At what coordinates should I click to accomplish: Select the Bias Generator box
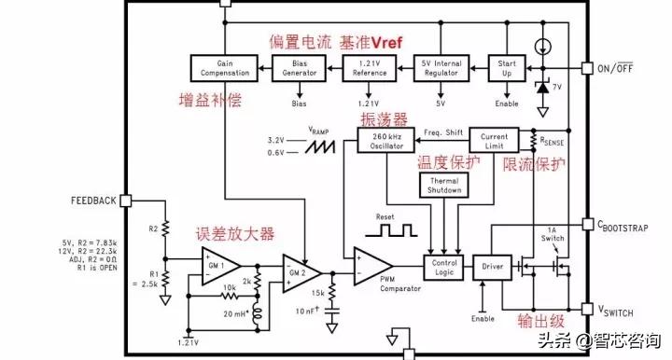pos(301,67)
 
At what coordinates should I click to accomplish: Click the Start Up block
pos(510,67)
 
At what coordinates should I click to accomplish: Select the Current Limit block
pos(494,140)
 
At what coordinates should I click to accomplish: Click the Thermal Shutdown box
pos(444,185)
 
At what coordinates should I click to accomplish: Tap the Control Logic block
pos(443,268)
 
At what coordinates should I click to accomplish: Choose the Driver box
pos(492,268)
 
